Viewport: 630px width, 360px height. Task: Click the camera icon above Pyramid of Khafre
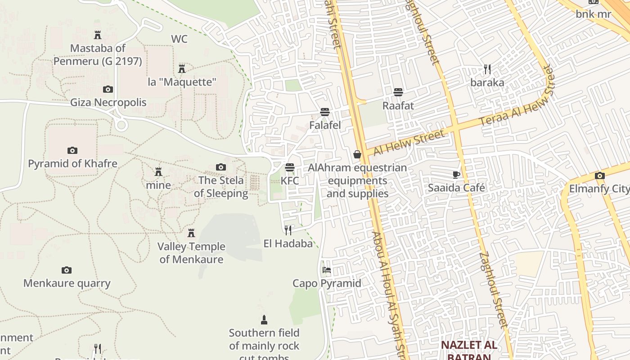[72, 150]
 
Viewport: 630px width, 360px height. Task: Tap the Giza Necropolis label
[108, 103]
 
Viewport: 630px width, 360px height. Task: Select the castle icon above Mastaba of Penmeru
[98, 35]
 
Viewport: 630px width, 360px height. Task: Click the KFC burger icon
[290, 167]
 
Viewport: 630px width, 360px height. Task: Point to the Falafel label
[325, 125]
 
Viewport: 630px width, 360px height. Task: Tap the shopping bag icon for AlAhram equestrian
[357, 155]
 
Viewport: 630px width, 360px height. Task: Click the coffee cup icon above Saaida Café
[456, 175]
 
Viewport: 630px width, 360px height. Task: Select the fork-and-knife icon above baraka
[487, 69]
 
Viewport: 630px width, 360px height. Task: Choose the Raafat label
[398, 106]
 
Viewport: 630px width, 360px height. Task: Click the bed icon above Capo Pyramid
[327, 270]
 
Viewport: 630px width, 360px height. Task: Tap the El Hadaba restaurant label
[288, 243]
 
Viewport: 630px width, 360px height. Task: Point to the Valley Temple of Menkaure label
[191, 253]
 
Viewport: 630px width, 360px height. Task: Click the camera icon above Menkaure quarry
[67, 270]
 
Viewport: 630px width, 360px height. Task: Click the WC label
[179, 39]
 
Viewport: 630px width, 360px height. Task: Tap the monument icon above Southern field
[264, 320]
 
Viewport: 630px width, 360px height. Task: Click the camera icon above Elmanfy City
[599, 175]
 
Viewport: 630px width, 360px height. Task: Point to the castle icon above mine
[158, 172]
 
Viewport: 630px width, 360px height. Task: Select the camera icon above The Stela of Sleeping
[220, 167]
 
